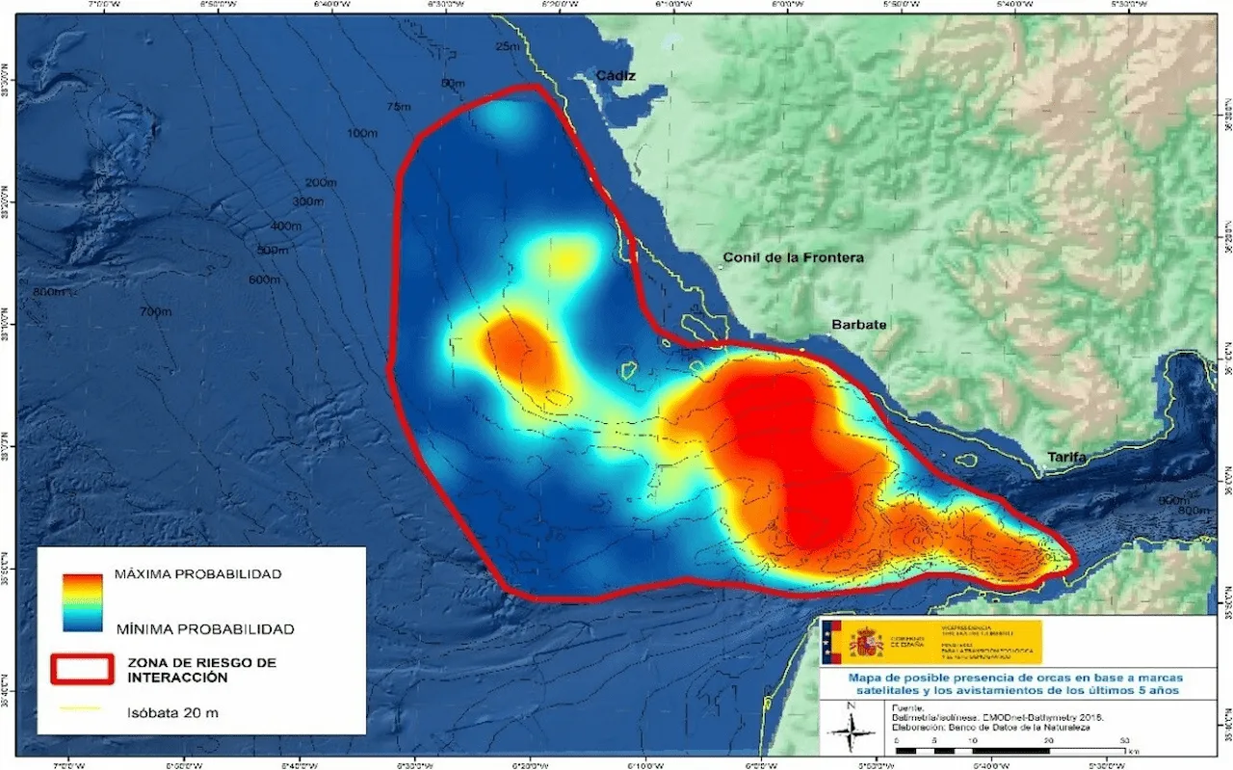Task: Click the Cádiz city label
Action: (616, 75)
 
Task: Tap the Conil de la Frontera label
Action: (794, 258)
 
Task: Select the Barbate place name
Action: (858, 325)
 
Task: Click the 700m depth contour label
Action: (154, 311)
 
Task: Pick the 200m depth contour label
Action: (321, 182)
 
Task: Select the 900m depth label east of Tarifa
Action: (1172, 499)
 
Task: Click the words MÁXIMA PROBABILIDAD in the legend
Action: (197, 574)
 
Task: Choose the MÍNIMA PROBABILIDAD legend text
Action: (203, 628)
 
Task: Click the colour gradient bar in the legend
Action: (82, 601)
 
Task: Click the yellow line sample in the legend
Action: (82, 710)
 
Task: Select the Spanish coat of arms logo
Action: (866, 641)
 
